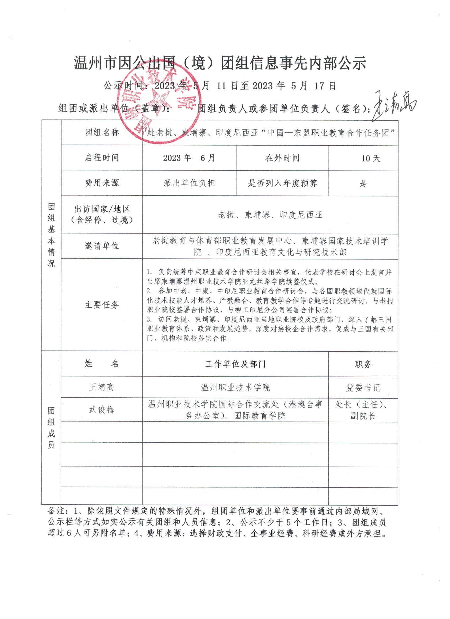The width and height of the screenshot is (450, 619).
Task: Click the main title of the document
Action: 220,64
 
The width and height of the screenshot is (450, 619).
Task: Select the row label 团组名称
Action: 102,133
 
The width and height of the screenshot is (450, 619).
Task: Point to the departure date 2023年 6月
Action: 189,158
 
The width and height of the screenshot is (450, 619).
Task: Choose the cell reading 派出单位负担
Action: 189,183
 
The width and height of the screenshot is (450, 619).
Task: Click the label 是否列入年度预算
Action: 282,183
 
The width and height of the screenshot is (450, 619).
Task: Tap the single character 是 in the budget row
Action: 363,183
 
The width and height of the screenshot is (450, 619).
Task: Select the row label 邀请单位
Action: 102,246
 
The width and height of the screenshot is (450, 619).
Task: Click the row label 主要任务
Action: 102,305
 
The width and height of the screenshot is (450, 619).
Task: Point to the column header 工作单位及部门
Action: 235,364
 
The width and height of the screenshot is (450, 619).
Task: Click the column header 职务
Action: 363,364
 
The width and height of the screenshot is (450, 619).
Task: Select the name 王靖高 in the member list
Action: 102,387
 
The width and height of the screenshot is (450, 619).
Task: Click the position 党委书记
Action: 363,388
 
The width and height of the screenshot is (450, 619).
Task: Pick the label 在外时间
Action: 282,158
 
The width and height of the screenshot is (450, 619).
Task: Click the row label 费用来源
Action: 102,183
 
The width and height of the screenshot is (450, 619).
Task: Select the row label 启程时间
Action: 102,158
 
